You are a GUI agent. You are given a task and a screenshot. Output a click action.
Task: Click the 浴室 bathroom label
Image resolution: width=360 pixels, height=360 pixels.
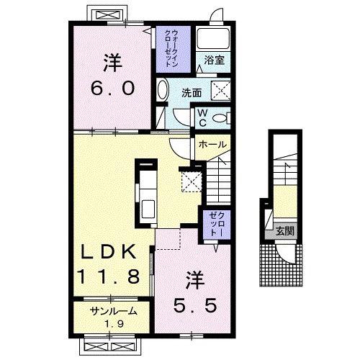click(214, 60)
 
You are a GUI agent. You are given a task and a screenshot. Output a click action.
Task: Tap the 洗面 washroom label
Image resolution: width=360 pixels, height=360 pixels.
click(192, 93)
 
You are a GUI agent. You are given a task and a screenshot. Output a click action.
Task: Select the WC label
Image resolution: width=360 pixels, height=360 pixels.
click(203, 117)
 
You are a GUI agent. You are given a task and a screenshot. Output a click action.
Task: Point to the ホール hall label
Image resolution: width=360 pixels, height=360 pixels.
click(212, 145)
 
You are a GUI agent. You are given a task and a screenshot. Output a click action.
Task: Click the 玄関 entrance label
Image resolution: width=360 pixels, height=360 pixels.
click(285, 231)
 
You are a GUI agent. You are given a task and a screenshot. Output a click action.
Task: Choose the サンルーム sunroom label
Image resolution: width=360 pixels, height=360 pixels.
click(114, 312)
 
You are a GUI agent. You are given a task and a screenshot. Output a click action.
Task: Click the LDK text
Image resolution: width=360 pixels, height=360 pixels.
click(108, 251)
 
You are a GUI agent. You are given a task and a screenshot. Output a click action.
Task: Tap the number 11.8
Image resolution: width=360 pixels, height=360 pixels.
click(108, 276)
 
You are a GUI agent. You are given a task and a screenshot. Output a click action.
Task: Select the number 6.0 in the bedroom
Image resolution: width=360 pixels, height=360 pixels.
click(112, 88)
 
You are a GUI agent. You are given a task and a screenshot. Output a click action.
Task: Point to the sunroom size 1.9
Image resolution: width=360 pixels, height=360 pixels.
click(114, 324)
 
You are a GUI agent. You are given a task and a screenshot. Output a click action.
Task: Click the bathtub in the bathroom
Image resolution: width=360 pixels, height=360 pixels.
click(213, 39)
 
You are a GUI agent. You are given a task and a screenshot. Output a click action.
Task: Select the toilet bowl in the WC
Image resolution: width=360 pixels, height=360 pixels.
click(220, 118)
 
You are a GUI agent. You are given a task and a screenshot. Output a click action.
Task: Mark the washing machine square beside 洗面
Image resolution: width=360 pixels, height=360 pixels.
click(220, 91)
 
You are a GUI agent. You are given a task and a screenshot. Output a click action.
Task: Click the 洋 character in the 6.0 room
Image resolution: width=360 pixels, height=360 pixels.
click(112, 63)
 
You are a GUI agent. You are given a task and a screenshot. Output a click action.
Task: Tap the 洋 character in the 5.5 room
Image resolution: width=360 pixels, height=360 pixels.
click(195, 280)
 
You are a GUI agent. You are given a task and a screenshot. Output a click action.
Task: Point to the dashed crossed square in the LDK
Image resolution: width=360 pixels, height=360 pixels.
click(192, 181)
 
